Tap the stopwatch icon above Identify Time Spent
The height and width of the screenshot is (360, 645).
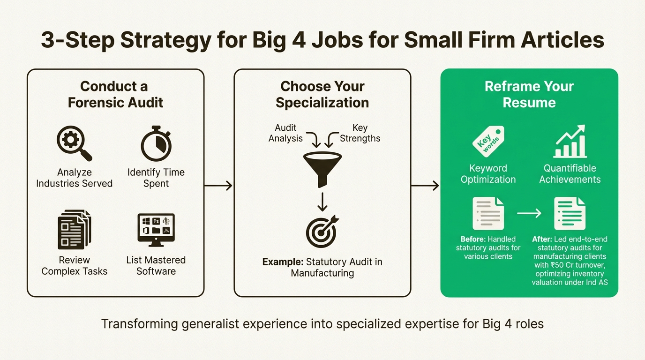(x=156, y=143)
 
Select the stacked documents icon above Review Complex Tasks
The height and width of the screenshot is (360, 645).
(x=74, y=230)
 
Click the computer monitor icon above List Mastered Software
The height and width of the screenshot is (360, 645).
(x=156, y=229)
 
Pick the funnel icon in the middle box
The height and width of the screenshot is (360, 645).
(x=322, y=167)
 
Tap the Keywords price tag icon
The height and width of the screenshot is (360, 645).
(x=487, y=142)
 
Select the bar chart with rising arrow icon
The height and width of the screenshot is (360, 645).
(x=570, y=142)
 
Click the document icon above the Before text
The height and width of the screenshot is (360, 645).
(x=488, y=213)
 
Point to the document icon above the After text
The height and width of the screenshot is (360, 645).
(x=570, y=213)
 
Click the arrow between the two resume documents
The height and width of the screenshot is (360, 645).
(x=529, y=213)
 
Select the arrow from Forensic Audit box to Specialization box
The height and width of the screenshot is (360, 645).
(x=219, y=186)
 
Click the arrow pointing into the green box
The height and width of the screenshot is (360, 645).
(x=426, y=186)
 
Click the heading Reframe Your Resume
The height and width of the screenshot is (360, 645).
(x=529, y=94)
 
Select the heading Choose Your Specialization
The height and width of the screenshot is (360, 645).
(x=322, y=94)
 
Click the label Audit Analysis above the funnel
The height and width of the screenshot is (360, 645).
(x=286, y=133)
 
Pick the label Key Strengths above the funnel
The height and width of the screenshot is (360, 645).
(x=360, y=133)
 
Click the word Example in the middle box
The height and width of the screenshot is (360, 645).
(x=282, y=262)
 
